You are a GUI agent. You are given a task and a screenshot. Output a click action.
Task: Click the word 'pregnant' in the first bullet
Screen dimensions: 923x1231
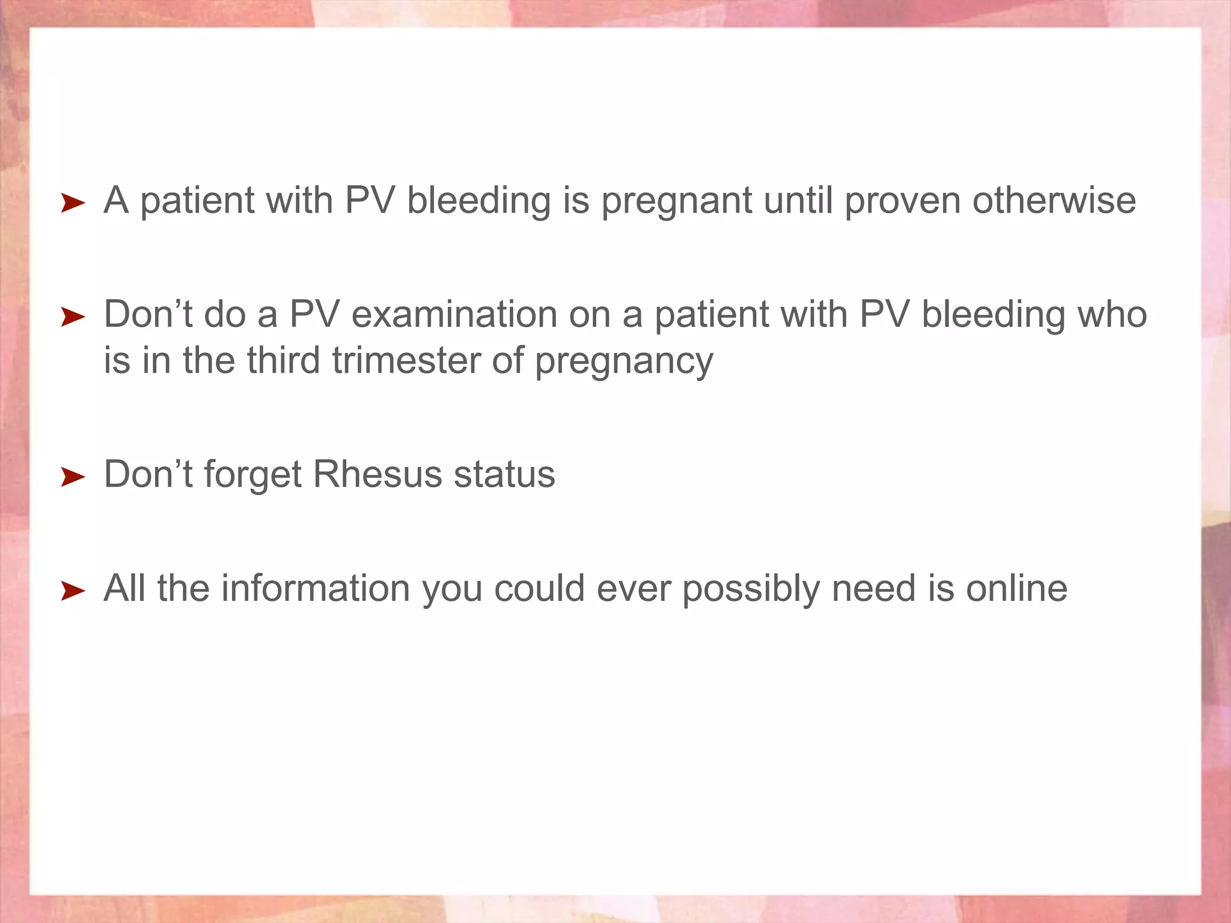point(676,202)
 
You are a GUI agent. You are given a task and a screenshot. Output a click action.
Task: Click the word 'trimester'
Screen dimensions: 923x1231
point(406,361)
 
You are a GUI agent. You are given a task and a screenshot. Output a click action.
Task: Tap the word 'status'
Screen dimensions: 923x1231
point(504,474)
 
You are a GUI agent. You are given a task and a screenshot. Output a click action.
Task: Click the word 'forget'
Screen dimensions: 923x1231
point(252,475)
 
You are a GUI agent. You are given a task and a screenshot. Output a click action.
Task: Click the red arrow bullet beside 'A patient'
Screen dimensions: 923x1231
point(73,204)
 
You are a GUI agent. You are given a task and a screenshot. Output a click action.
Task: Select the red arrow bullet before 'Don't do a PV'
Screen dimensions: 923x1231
point(73,317)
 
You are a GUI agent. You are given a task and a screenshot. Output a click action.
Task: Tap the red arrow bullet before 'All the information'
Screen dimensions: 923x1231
point(73,591)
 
